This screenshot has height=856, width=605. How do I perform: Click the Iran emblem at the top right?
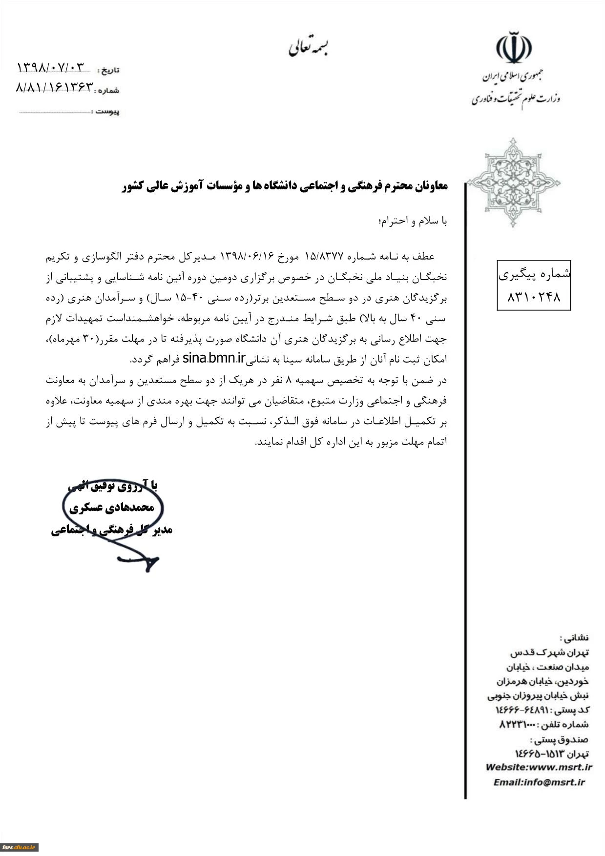[514, 48]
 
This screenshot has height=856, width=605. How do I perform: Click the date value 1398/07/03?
[50, 67]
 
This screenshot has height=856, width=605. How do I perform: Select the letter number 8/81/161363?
[54, 87]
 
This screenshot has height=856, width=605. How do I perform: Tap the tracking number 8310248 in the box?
[534, 297]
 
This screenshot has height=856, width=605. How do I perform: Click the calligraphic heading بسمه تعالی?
[308, 47]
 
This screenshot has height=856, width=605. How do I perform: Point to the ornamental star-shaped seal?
[513, 183]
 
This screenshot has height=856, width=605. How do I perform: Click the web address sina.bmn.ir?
[213, 359]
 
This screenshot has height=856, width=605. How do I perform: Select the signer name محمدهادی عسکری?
[112, 508]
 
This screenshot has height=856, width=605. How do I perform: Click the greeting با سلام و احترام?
[413, 221]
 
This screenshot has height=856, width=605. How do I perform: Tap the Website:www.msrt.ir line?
[539, 767]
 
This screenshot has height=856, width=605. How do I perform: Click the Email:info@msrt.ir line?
[539, 782]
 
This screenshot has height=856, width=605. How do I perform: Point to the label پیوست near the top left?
[107, 112]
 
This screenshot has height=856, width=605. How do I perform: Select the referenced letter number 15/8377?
[325, 256]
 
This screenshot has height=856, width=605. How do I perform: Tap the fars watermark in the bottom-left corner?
[20, 847]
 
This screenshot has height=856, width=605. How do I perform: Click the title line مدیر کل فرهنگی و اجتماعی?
[112, 530]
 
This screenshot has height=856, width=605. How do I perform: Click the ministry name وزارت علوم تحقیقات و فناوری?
[516, 99]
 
